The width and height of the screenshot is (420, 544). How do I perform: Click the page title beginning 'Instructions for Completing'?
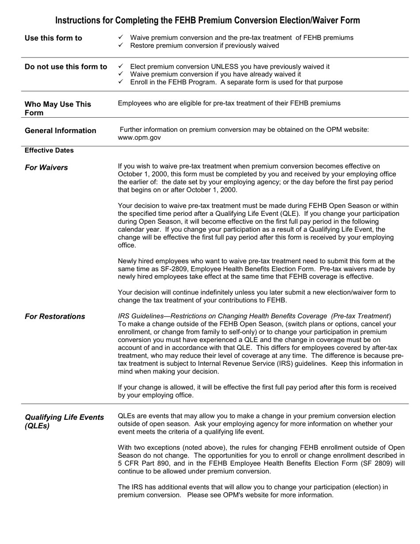207,20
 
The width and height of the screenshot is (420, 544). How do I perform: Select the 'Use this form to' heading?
53,38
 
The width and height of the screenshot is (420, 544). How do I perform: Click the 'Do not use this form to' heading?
66,67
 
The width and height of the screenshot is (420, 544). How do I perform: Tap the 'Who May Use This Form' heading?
57,108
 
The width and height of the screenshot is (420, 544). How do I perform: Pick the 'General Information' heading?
60,130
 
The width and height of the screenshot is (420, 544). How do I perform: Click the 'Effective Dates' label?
49,150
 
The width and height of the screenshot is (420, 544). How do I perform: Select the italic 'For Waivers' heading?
46,168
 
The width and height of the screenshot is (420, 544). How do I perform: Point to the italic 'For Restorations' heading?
55,317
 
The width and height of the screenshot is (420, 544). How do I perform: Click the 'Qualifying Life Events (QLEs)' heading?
64,421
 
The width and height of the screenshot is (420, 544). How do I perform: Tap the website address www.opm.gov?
139,138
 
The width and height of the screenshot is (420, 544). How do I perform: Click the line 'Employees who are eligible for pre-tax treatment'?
229,103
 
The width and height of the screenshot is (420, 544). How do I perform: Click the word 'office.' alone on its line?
127,245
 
